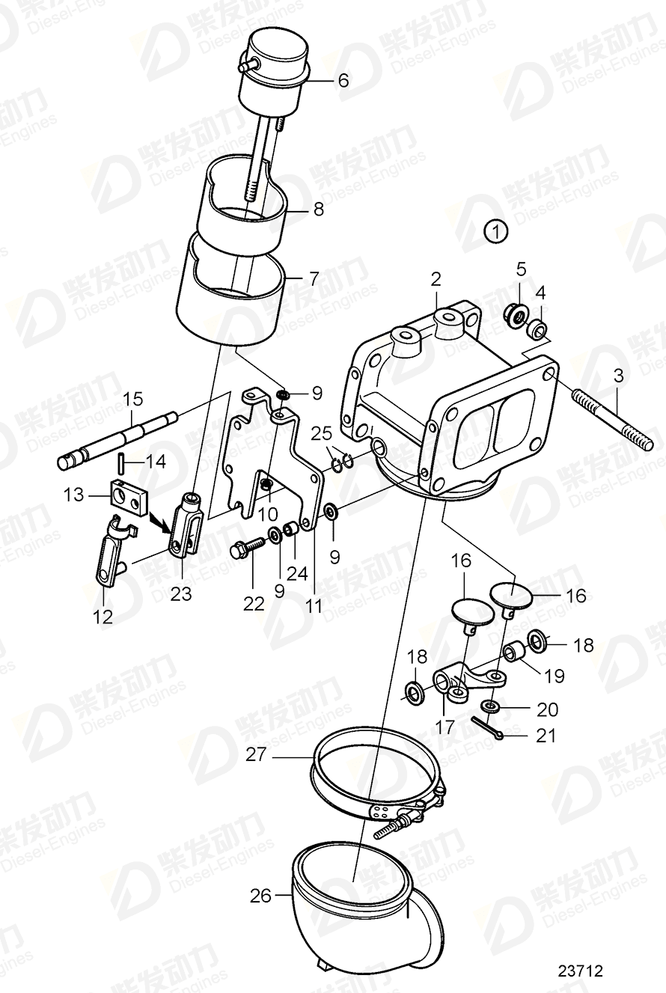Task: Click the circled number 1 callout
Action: (495, 231)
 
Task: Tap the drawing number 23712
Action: (581, 971)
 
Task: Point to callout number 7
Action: (314, 278)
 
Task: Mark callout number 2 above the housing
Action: (436, 281)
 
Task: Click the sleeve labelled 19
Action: (514, 653)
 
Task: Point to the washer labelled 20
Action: (490, 706)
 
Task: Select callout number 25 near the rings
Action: (322, 433)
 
